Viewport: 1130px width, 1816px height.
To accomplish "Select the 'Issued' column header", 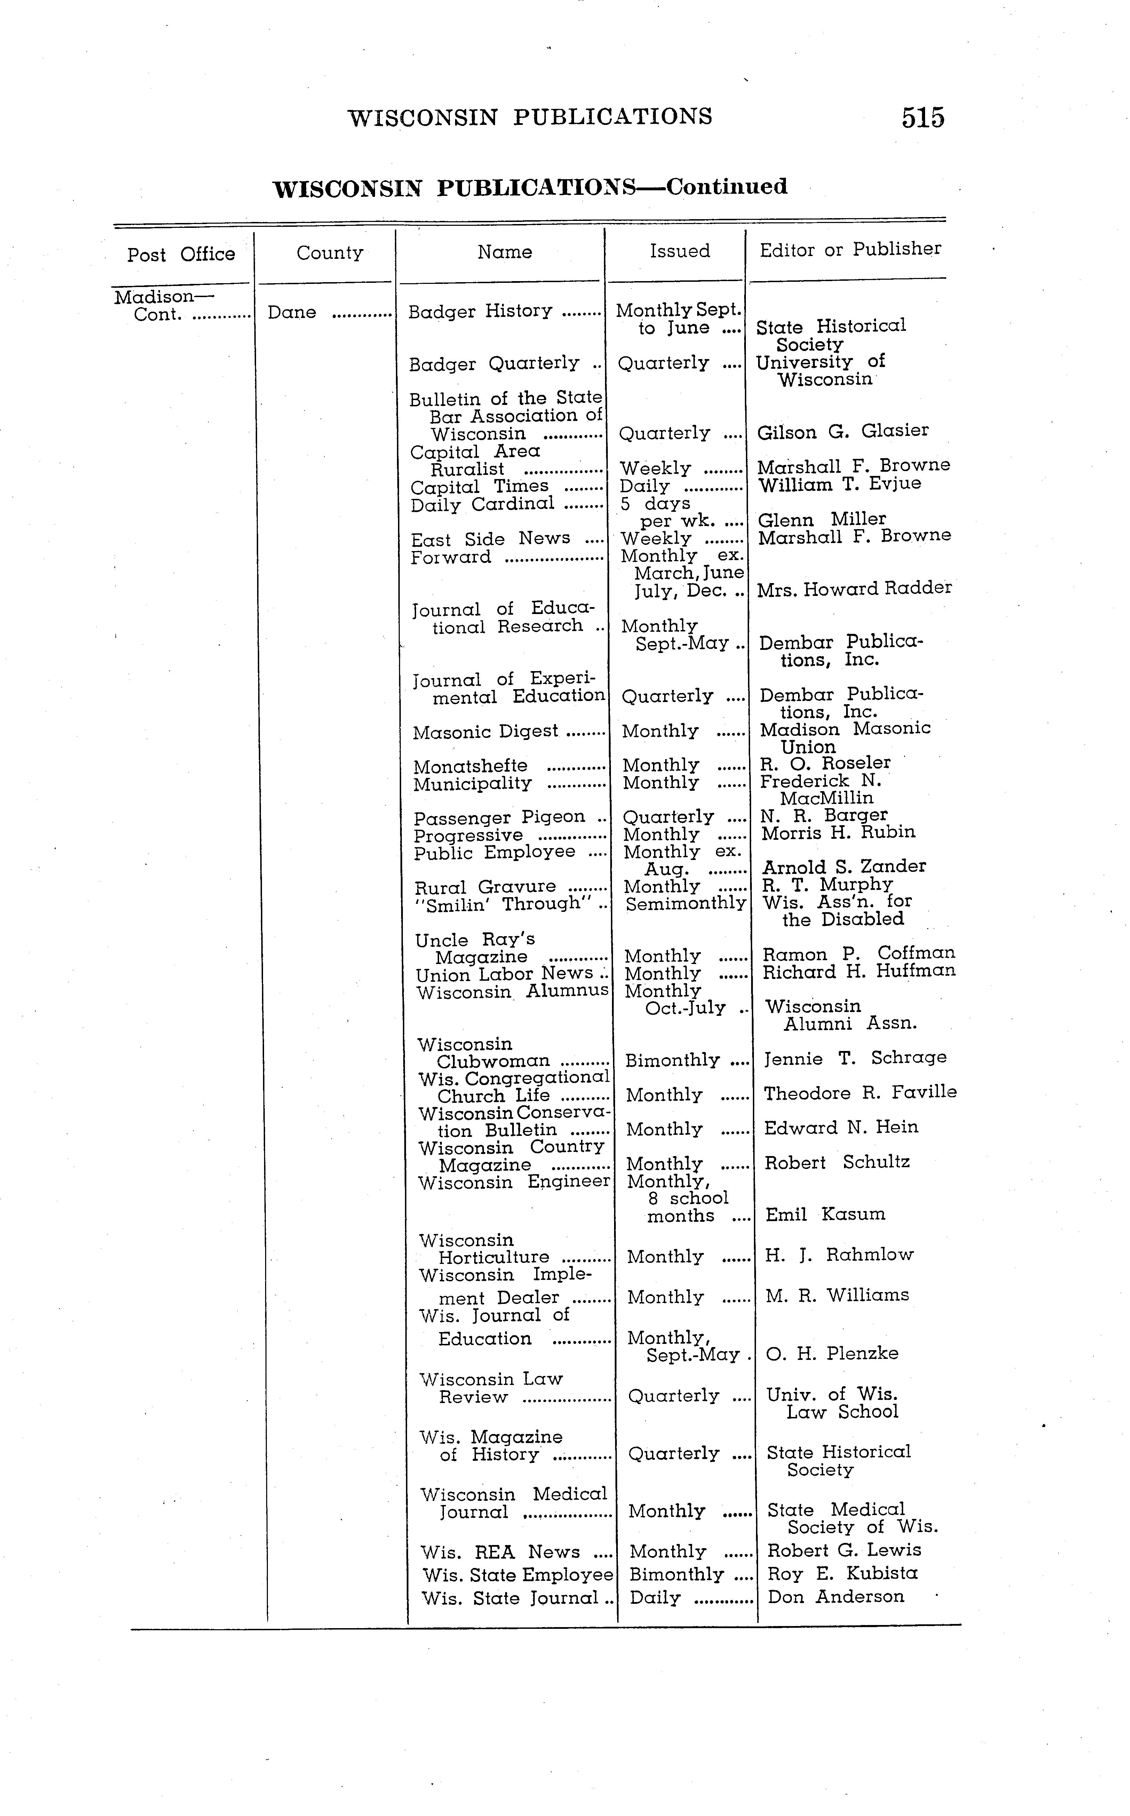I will (679, 251).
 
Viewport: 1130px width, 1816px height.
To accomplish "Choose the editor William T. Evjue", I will (838, 484).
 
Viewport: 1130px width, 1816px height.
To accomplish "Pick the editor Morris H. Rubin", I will (838, 833).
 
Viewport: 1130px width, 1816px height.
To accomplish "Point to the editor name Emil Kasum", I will (824, 1214).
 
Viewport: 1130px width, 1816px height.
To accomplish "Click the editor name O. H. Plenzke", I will (832, 1353).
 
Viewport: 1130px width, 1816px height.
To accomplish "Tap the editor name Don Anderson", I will (836, 1597).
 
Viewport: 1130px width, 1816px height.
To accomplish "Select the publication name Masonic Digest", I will (485, 732).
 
